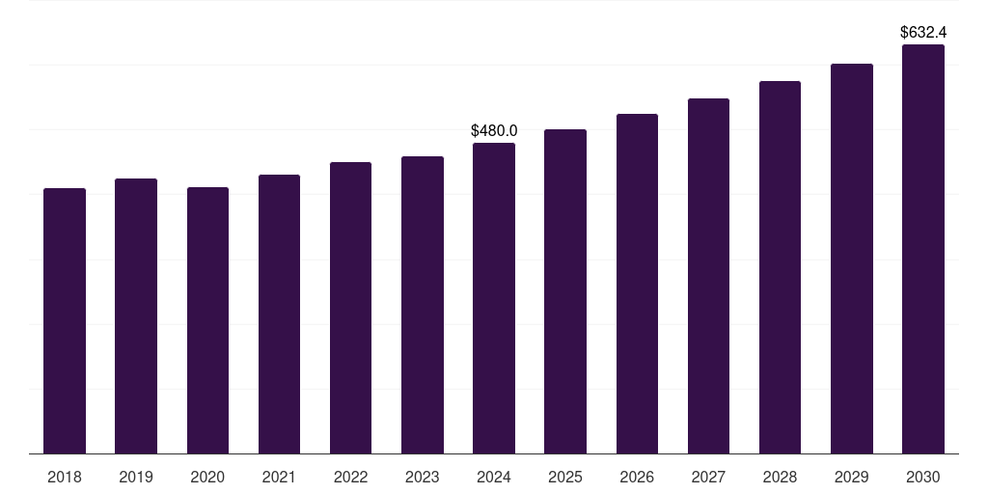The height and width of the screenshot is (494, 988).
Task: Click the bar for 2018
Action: [x=65, y=320]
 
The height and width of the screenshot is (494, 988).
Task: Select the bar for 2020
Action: [x=207, y=320]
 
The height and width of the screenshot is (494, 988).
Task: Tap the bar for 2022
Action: [x=350, y=308]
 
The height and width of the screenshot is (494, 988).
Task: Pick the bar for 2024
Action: [x=494, y=298]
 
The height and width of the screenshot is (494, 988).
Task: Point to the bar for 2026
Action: [x=637, y=284]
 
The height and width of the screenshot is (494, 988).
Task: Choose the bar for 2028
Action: [x=780, y=267]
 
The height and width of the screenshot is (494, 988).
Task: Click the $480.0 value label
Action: [x=494, y=130]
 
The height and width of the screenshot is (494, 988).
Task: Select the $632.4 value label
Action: [x=923, y=33]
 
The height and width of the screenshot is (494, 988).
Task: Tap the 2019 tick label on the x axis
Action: [x=136, y=477]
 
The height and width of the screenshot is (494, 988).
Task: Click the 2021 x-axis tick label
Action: [x=279, y=477]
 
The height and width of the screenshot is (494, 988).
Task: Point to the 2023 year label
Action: [x=423, y=477]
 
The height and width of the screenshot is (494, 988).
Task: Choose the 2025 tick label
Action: [x=565, y=477]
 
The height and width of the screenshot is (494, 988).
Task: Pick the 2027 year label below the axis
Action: [x=708, y=477]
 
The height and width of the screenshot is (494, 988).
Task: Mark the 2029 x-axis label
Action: [x=852, y=477]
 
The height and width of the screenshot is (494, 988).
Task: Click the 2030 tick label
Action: [x=923, y=477]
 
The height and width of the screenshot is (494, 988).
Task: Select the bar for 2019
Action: [x=136, y=316]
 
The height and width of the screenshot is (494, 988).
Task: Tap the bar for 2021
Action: [x=279, y=314]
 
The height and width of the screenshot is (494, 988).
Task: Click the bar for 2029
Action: [x=852, y=259]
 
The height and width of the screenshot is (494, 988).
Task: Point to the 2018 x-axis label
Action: [x=65, y=477]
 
